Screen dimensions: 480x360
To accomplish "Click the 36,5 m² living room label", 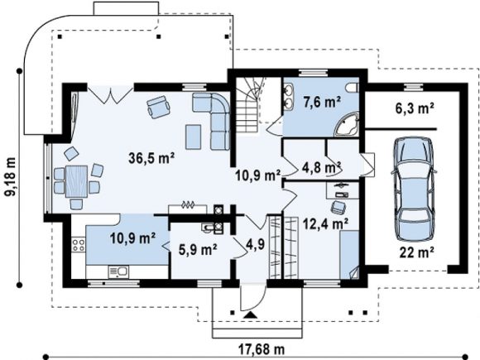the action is (151, 158).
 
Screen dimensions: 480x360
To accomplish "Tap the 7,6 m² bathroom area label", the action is (322, 102).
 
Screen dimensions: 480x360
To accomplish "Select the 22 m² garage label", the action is (416, 252).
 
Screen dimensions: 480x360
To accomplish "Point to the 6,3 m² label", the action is (415, 108).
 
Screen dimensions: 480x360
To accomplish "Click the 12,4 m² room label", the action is (325, 223).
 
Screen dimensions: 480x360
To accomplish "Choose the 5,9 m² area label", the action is (198, 250).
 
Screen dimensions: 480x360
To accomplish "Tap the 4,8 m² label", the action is (322, 167).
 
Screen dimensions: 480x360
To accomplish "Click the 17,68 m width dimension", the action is (262, 348).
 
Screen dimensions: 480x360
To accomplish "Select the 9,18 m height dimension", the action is (10, 176).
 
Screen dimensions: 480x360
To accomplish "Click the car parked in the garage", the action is (414, 189).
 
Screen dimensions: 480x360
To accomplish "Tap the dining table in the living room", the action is (76, 181).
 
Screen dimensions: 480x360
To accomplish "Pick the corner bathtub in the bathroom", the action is (347, 125).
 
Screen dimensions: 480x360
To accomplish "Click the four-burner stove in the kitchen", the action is (79, 245).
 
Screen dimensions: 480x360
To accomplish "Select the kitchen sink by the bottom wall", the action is (118, 271).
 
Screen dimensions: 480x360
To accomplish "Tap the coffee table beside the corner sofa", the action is (194, 137).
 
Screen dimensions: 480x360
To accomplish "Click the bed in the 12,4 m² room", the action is (349, 255).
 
